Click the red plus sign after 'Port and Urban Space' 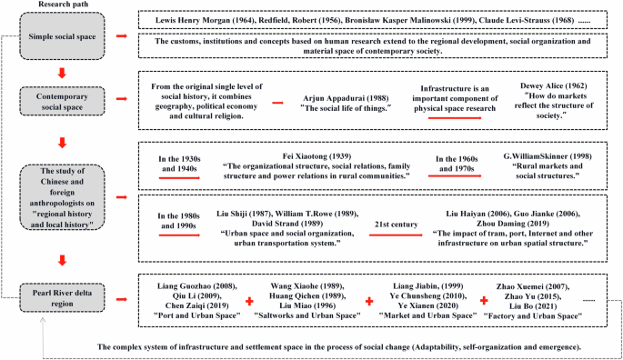[248, 299]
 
